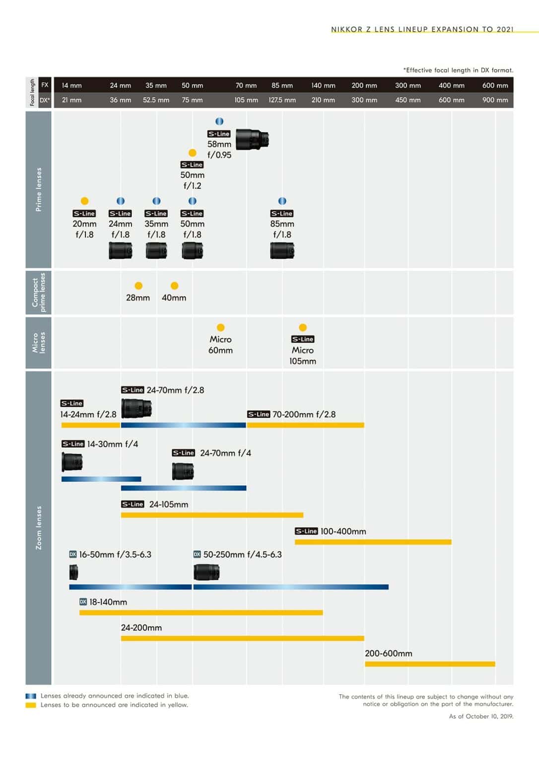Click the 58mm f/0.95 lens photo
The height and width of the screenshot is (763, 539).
252,139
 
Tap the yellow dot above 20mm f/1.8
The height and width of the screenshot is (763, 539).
84,201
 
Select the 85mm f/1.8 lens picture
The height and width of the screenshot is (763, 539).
282,250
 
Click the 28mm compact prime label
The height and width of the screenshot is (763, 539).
138,298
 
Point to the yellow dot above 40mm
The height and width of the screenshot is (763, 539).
174,286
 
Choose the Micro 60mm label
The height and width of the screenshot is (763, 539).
220,345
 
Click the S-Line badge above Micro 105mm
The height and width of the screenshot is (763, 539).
303,339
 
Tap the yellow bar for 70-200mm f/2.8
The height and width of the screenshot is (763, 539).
305,425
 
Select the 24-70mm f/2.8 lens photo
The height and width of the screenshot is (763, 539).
136,408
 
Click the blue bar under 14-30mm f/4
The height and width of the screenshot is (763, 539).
101,479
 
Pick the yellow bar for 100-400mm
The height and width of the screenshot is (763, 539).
373,542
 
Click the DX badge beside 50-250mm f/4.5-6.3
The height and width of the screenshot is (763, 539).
197,554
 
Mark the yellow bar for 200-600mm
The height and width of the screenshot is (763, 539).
430,664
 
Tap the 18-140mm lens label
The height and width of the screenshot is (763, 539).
108,602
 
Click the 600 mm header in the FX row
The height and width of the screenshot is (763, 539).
495,85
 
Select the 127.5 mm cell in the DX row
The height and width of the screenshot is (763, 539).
282,100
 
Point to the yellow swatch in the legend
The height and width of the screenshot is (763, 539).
31,705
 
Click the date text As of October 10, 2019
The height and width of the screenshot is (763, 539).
481,716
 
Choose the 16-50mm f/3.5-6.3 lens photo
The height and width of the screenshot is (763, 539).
74,573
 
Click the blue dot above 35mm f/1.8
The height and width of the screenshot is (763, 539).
156,201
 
